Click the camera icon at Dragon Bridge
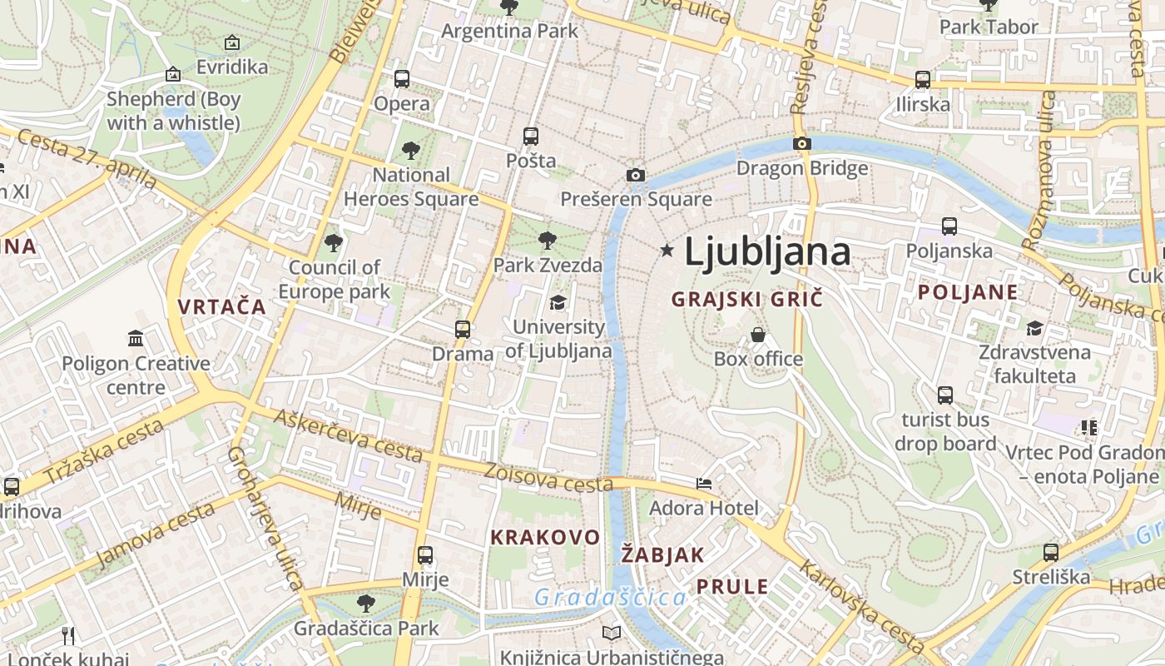[802, 143]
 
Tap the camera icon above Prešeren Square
[636, 175]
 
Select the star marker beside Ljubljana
[667, 250]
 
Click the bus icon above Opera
[402, 79]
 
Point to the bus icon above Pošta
[531, 136]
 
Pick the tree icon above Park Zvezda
[547, 241]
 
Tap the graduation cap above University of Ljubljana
[558, 302]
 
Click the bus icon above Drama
[463, 329]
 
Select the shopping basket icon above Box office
[758, 335]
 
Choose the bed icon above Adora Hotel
[704, 483]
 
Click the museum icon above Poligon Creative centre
[136, 338]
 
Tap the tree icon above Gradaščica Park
[365, 603]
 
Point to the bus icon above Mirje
[425, 554]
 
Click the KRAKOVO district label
[545, 537]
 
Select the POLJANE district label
[968, 292]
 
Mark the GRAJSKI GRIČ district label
[746, 299]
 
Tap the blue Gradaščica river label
[610, 597]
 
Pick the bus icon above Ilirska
[923, 80]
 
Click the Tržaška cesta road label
[103, 451]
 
